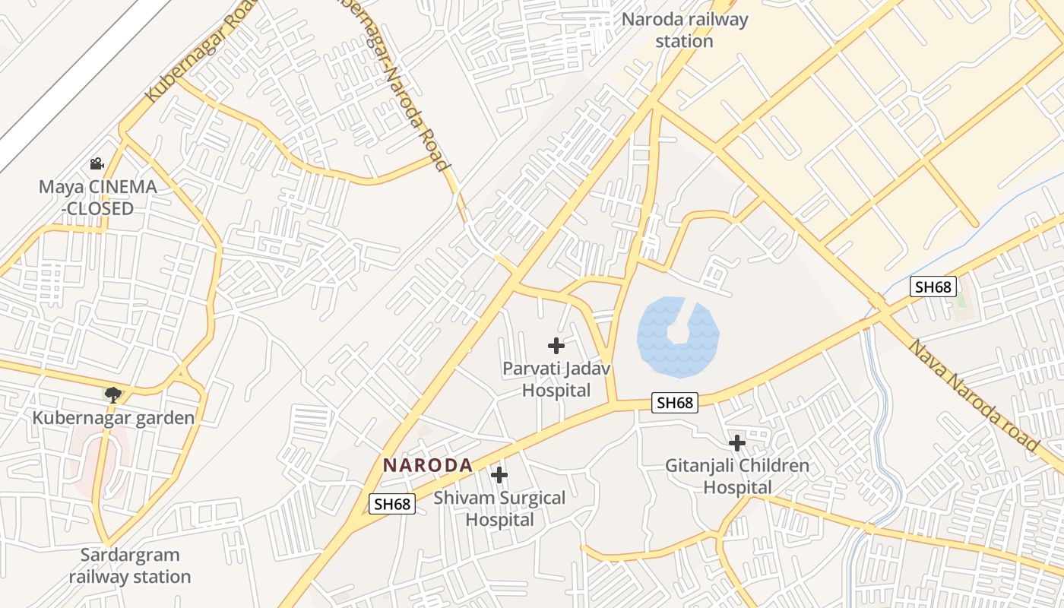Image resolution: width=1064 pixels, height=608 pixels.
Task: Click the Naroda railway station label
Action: (x=684, y=30)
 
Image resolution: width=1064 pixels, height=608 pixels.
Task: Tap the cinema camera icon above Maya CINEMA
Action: (x=97, y=163)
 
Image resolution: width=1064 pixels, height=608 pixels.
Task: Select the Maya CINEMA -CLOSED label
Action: (x=97, y=198)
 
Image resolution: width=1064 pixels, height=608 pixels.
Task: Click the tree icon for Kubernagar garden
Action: (x=113, y=394)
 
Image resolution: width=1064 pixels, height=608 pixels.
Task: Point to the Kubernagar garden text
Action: (x=113, y=418)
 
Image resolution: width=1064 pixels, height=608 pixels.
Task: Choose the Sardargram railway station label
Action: (x=129, y=566)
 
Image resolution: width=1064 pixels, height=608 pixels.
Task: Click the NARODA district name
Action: (x=427, y=465)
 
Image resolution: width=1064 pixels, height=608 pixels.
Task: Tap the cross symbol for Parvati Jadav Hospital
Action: (x=556, y=346)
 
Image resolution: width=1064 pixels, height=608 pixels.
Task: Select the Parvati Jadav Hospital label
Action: (x=556, y=380)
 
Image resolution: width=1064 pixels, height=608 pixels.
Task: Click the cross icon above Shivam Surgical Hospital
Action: (x=499, y=475)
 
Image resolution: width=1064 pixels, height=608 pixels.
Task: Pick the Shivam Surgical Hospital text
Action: (x=499, y=509)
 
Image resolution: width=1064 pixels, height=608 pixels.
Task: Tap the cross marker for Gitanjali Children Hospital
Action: (x=736, y=442)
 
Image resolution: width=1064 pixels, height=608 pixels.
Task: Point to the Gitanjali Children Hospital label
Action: (x=736, y=477)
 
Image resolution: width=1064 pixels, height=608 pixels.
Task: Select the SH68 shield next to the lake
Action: (x=674, y=403)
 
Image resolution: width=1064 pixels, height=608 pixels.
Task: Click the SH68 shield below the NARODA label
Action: (x=392, y=503)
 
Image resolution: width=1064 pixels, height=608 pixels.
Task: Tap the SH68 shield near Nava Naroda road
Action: (x=933, y=287)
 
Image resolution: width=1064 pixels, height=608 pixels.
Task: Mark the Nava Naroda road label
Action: (x=973, y=395)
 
